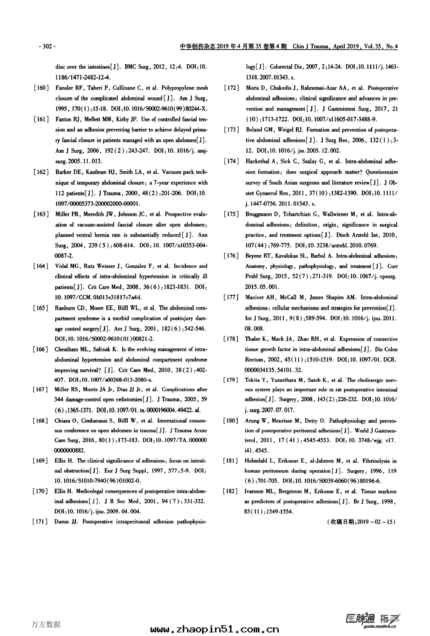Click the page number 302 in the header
[x=47, y=46]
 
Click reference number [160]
[x=41, y=88]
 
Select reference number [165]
[x=41, y=308]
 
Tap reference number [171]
[x=40, y=522]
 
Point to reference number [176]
[x=231, y=256]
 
